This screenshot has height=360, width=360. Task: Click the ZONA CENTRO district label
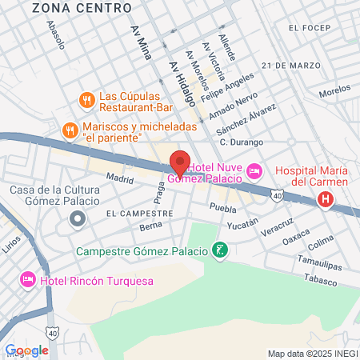81,8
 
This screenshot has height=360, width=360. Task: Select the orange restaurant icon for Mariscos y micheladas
70,130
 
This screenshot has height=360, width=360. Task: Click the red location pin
181,162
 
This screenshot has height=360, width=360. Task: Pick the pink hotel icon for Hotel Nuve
254,170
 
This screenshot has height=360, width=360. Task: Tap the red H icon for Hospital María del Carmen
325,200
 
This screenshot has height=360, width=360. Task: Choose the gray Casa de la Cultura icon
77,220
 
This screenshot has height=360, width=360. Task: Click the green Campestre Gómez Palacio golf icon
220,252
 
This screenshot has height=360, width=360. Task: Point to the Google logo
27,350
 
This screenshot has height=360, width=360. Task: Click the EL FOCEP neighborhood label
310,29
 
